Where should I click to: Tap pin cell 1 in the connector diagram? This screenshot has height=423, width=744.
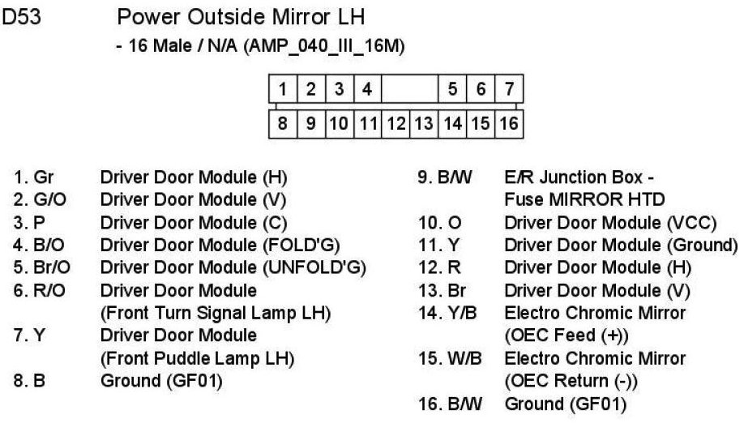(282, 88)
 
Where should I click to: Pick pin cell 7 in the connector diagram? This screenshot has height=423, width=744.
(509, 88)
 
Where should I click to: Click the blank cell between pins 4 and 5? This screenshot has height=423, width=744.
(409, 88)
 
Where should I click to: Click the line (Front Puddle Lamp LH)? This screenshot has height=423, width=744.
(196, 358)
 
